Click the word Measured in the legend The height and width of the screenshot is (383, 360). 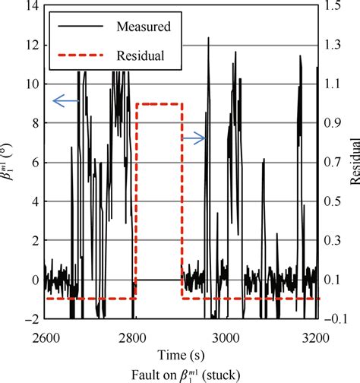144,27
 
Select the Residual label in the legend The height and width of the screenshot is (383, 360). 141,55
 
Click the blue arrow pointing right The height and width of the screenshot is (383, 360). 194,138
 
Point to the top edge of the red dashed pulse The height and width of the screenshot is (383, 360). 159,103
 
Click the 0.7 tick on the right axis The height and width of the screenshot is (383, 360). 333,163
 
